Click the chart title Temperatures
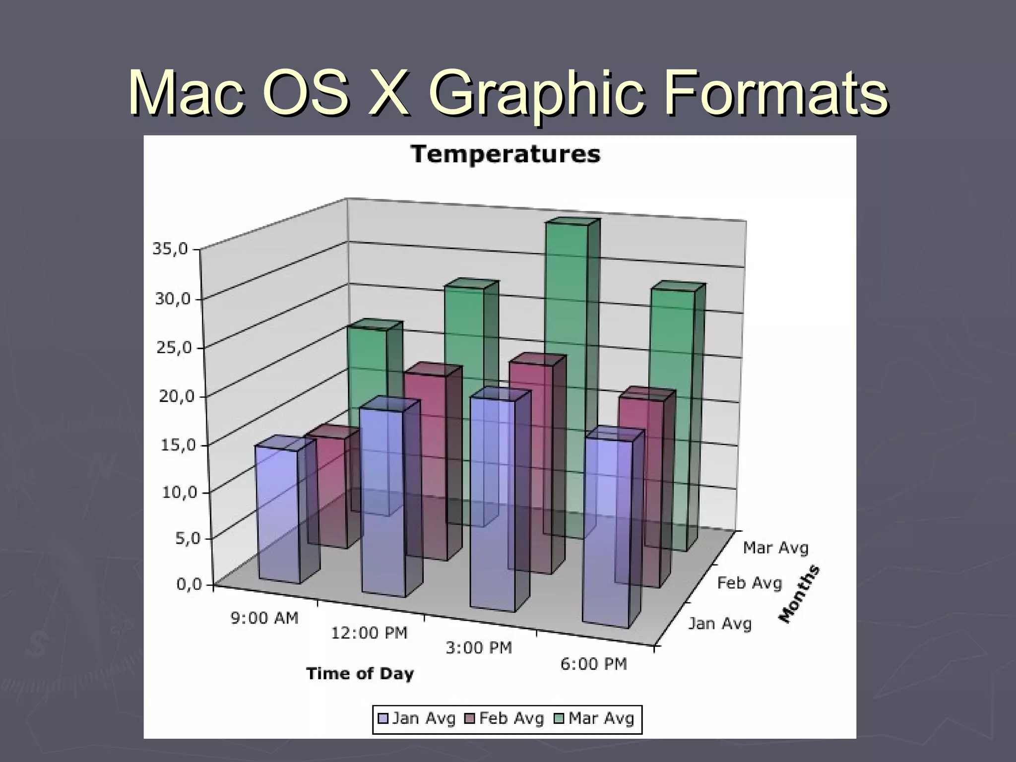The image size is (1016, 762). click(x=506, y=154)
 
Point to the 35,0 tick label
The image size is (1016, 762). click(x=170, y=249)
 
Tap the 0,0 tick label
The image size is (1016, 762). click(x=190, y=584)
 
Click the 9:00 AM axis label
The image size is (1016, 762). click(x=264, y=618)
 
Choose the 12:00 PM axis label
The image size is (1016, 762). click(x=369, y=633)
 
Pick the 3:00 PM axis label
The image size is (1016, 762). click(x=478, y=648)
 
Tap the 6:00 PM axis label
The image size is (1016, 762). click(x=593, y=664)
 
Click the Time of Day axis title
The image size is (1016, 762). click(x=360, y=674)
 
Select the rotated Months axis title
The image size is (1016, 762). click(x=799, y=594)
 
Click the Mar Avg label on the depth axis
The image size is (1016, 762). click(x=775, y=548)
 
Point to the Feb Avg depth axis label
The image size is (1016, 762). click(x=750, y=583)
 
